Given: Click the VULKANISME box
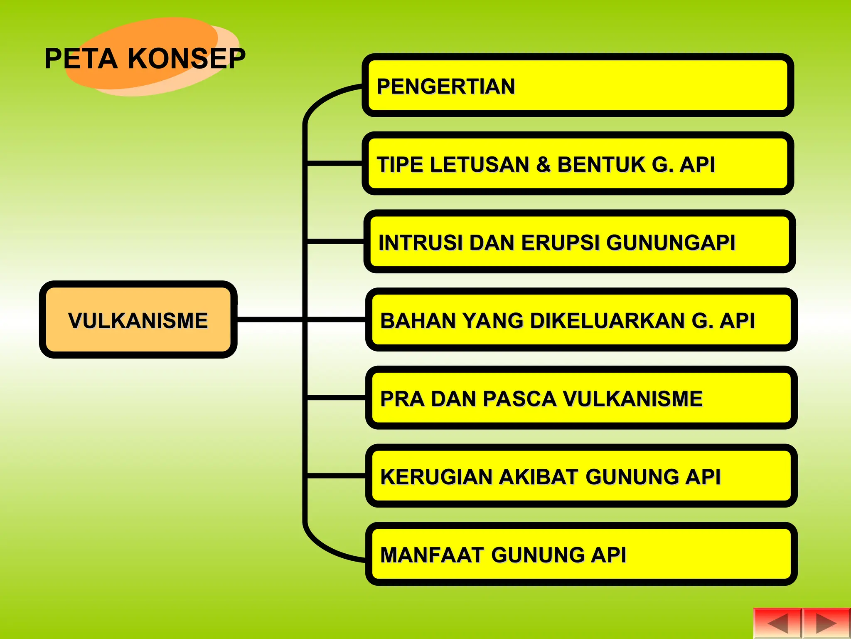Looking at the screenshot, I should click(x=138, y=320).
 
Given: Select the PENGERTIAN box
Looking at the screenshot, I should click(x=578, y=86).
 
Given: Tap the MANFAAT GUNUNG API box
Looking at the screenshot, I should click(x=581, y=554).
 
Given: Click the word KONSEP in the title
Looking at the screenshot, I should click(x=187, y=58).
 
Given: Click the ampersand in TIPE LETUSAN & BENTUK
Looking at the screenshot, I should click(x=543, y=164).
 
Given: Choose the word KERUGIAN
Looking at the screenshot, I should click(x=436, y=477).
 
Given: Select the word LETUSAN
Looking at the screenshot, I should click(x=480, y=164).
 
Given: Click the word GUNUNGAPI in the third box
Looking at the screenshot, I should click(x=671, y=243).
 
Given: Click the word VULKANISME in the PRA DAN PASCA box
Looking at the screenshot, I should click(x=632, y=399).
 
